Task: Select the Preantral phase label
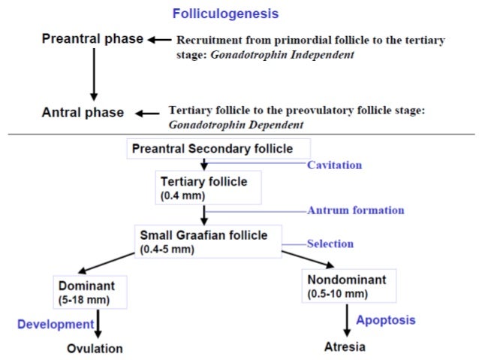[x=93, y=39]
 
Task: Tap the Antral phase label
[x=83, y=113]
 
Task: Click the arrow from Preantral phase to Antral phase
[x=94, y=75]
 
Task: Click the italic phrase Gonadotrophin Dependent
[x=237, y=124]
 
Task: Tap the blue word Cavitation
[x=334, y=165]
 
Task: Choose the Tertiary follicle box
[x=209, y=188]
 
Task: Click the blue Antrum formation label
[x=355, y=210]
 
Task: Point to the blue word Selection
[x=330, y=244]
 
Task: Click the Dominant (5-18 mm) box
[x=90, y=292]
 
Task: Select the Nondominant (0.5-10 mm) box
[x=348, y=286]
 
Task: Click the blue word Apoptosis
[x=385, y=320]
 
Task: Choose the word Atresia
[x=346, y=347]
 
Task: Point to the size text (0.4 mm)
[x=182, y=196]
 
